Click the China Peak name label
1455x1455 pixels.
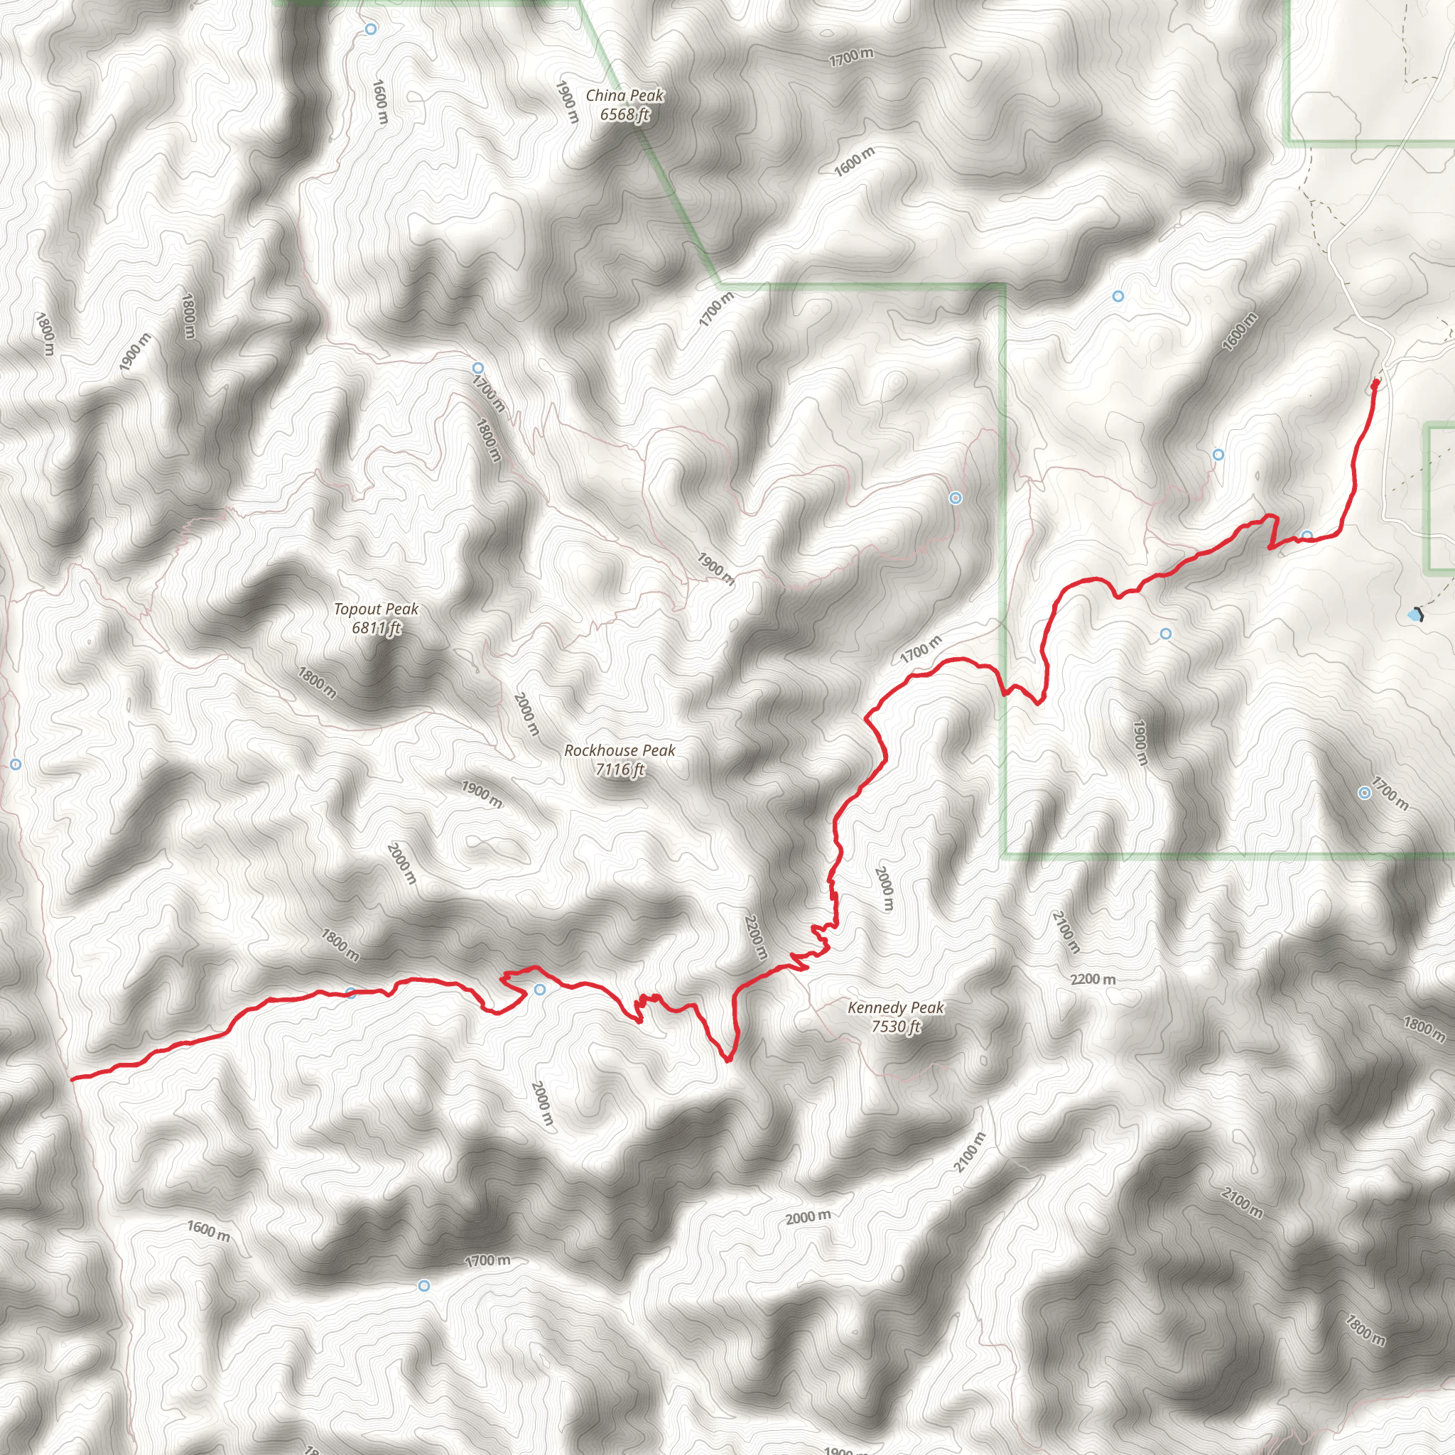tap(624, 96)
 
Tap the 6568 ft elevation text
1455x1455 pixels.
tap(624, 114)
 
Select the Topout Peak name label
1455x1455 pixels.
tap(376, 609)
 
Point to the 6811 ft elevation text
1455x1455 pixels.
tap(376, 627)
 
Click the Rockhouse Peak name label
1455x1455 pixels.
tap(620, 750)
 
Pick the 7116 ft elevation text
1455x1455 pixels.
tap(620, 769)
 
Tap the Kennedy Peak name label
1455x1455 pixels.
tap(895, 1007)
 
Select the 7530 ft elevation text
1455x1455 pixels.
tap(895, 1026)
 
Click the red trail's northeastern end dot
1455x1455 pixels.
tap(1375, 384)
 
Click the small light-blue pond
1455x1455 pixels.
tap(1415, 615)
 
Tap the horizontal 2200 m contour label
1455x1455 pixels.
tap(1093, 979)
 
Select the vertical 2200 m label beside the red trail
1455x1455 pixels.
tap(755, 938)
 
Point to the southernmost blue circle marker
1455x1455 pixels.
tap(424, 1285)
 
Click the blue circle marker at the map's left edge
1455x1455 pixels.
tap(16, 764)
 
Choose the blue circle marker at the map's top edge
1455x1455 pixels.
tap(371, 28)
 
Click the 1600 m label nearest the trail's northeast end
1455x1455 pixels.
tap(1240, 331)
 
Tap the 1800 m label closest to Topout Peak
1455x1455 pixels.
tap(317, 681)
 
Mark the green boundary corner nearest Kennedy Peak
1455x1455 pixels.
tap(1005, 855)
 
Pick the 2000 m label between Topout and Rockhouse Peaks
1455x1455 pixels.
tap(526, 714)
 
